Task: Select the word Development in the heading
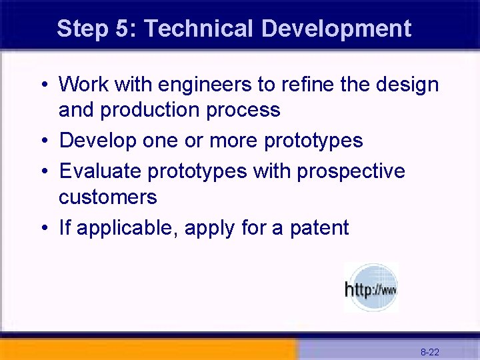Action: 336,29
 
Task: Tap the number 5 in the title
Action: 126,29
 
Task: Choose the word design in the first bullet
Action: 407,85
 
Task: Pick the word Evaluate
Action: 100,171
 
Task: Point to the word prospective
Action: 351,172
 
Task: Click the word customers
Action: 108,197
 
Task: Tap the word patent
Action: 319,229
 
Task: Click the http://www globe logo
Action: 371,287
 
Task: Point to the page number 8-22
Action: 429,351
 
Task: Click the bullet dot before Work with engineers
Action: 43,86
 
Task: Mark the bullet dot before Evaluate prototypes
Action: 43,172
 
